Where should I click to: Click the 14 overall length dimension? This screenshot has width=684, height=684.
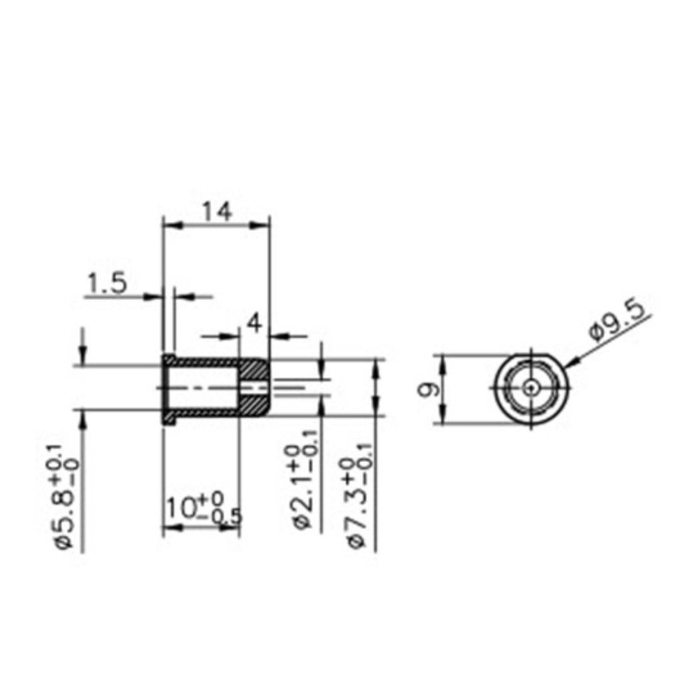coord(217,212)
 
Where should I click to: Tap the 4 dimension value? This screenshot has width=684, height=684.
coord(254,323)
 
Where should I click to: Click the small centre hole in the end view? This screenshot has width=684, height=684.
coord(531,387)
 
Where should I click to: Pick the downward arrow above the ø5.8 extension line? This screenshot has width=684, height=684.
coord(83,351)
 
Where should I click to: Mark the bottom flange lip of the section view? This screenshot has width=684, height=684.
coord(169,419)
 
